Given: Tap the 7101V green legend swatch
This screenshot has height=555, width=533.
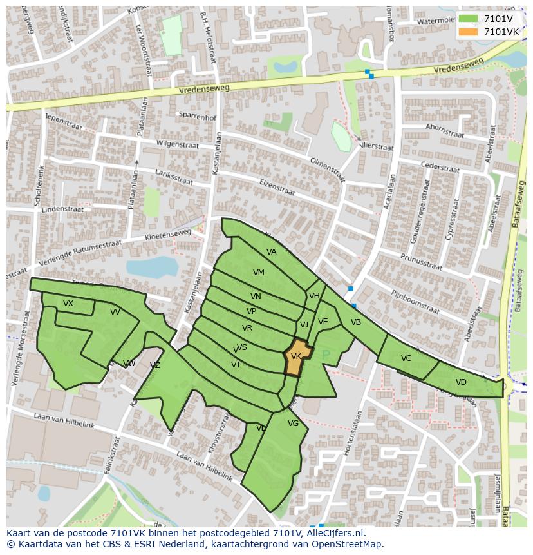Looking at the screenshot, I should click(469, 19).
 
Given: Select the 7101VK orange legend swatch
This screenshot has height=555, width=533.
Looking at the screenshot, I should click(469, 31).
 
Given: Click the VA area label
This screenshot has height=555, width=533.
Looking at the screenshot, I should click(272, 252).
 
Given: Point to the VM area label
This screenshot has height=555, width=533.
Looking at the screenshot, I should click(259, 273).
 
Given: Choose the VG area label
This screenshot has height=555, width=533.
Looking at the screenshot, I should click(294, 424).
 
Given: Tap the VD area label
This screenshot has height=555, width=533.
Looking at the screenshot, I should click(461, 382).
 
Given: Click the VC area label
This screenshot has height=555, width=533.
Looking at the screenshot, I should click(406, 358).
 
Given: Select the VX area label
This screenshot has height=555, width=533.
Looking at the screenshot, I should click(68, 304).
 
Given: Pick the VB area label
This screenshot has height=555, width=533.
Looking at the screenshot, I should click(356, 322).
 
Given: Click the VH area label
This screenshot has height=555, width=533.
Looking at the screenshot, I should click(314, 296).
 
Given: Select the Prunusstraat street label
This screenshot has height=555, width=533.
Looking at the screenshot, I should click(421, 262).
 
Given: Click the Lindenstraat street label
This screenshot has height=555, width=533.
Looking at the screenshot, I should click(62, 209).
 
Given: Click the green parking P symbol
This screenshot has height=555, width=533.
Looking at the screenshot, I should click(326, 354).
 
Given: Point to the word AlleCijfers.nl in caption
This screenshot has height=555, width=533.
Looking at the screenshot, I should click(333, 533).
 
